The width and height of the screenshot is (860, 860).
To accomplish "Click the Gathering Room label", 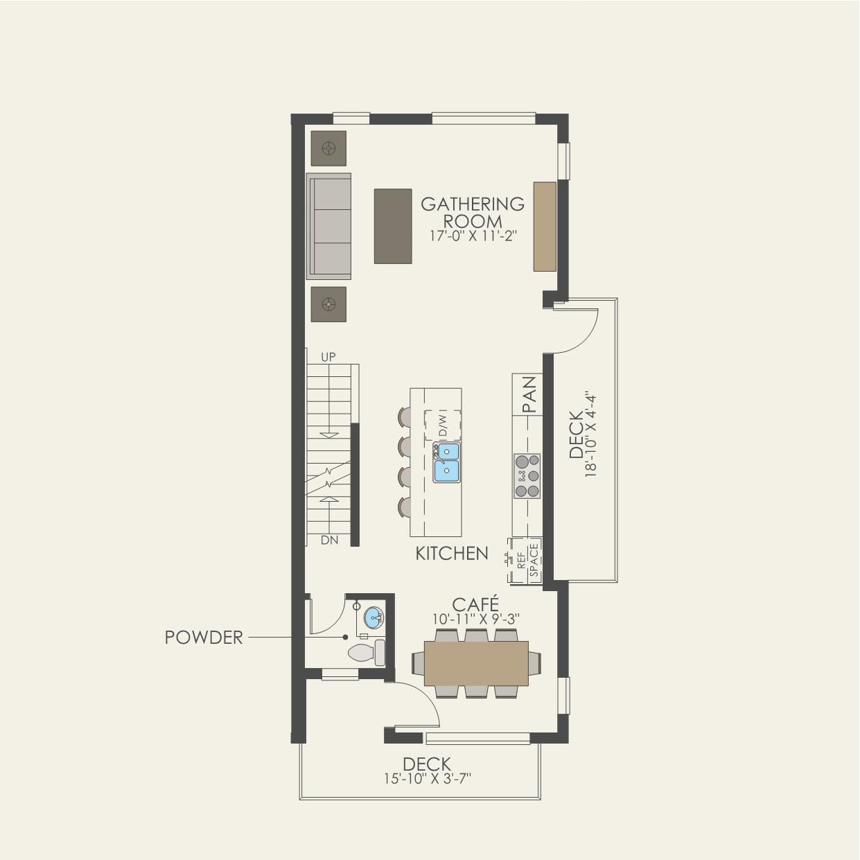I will pyautogui.click(x=473, y=212).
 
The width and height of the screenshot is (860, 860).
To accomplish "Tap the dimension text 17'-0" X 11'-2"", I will pyautogui.click(x=473, y=236).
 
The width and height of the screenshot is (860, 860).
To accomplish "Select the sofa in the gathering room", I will pyautogui.click(x=329, y=226).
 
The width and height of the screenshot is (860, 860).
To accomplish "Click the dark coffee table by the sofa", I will pyautogui.click(x=393, y=226).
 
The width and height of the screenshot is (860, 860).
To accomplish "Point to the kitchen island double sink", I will pyautogui.click(x=446, y=462).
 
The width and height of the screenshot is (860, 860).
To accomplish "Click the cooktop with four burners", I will pyautogui.click(x=527, y=476).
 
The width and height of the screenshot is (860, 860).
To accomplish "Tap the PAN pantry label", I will pyautogui.click(x=529, y=394).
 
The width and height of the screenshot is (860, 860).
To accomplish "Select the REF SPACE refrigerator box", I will pyautogui.click(x=526, y=560).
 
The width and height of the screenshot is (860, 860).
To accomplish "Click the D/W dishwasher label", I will pyautogui.click(x=443, y=425).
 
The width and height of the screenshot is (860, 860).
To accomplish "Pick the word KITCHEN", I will pyautogui.click(x=452, y=553).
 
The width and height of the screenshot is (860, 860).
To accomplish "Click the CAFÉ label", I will pyautogui.click(x=475, y=604).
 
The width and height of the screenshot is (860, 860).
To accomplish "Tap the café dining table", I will pyautogui.click(x=476, y=663).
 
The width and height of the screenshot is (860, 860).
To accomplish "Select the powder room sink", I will pyautogui.click(x=373, y=617).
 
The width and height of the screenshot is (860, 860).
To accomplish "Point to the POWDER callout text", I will pyautogui.click(x=204, y=638).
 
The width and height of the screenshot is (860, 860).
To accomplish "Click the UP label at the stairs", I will pyautogui.click(x=328, y=357).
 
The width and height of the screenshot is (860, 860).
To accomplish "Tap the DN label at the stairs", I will pyautogui.click(x=329, y=540).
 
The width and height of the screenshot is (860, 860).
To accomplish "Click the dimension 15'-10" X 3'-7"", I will pyautogui.click(x=428, y=779).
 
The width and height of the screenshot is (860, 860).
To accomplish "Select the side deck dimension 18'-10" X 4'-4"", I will pyautogui.click(x=590, y=435).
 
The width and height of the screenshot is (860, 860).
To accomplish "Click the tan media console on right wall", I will pyautogui.click(x=545, y=227).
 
